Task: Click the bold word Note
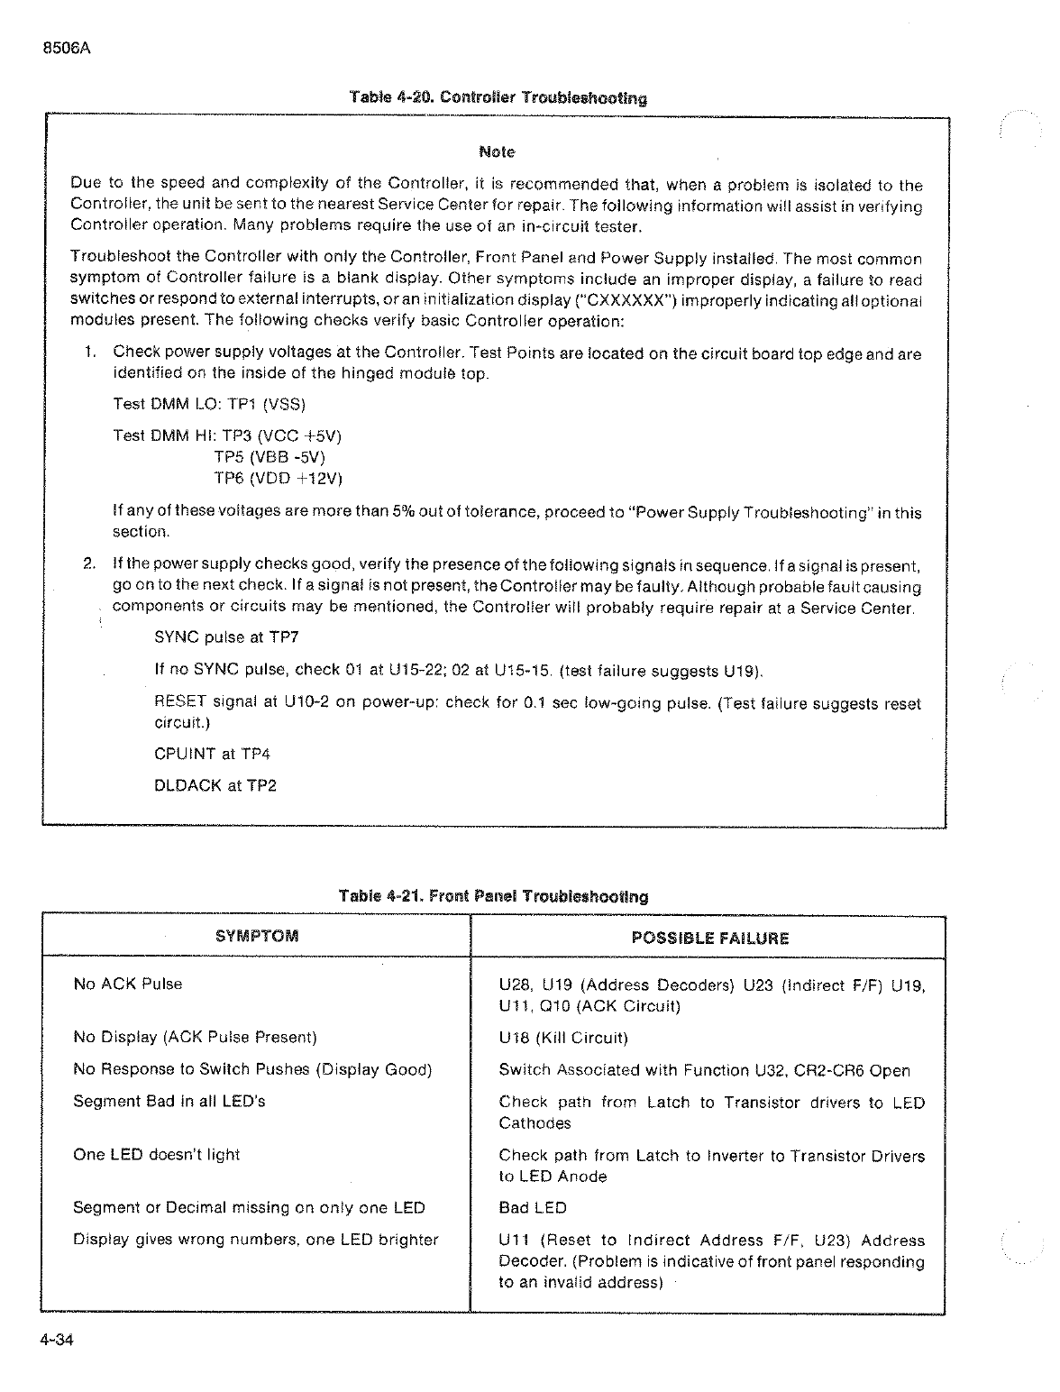[x=497, y=151]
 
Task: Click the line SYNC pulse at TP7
[x=226, y=637]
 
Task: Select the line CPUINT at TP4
[x=213, y=754]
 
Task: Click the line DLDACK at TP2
[x=215, y=785]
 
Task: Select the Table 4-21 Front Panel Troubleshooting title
[x=493, y=896]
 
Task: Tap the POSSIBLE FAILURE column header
[x=710, y=938]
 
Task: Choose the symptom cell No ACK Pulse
[x=128, y=984]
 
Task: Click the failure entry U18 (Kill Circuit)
[x=563, y=1038]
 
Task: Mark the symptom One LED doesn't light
[x=157, y=1155]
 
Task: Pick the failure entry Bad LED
[x=533, y=1207]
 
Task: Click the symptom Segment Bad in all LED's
[x=169, y=1101]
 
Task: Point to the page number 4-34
[x=56, y=1340]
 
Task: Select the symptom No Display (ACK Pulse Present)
[x=195, y=1038]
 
